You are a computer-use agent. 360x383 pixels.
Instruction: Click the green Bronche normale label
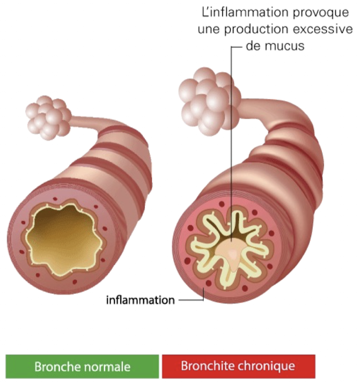point(83,367)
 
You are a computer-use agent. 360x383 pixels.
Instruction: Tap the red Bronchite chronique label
point(238,366)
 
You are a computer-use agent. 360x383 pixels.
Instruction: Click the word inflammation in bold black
point(141,300)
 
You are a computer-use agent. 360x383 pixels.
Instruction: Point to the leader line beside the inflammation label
point(191,300)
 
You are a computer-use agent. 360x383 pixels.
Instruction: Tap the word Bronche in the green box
point(56,367)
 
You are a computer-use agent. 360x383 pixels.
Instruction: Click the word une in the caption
point(208,29)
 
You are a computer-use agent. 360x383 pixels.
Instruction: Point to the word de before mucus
point(253,46)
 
